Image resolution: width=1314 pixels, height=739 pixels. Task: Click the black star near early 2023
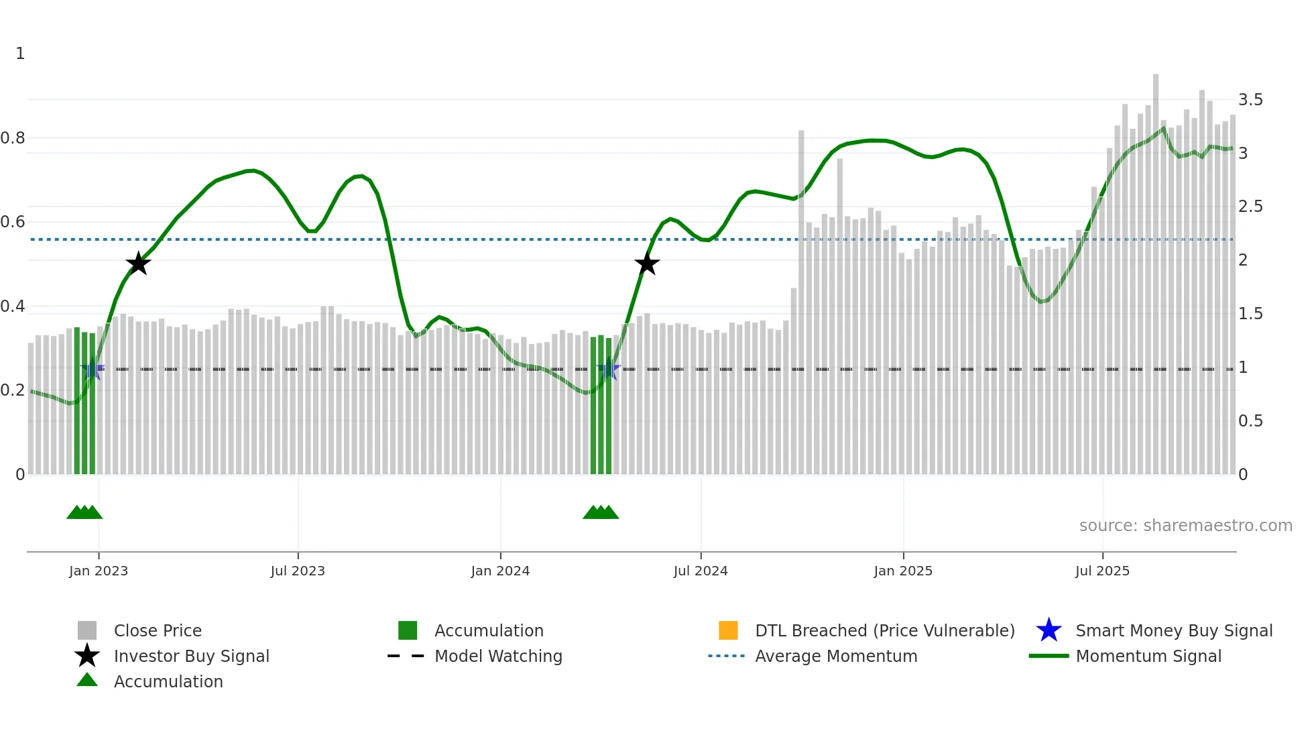138,264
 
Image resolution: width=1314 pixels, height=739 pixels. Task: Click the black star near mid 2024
647,264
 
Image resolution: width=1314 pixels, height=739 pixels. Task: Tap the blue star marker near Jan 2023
93,369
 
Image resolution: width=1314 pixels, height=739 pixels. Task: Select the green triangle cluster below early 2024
601,512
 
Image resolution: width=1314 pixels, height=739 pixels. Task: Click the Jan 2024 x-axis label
500,571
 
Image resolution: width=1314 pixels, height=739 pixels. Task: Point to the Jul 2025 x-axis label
1102,571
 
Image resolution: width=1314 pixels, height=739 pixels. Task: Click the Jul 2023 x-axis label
298,571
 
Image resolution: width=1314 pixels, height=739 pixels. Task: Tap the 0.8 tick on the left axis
13,138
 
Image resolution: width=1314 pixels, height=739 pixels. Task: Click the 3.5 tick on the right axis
1250,100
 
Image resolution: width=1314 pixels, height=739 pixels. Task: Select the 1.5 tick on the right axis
1250,314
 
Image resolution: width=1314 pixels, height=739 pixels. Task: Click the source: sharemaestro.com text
1185,525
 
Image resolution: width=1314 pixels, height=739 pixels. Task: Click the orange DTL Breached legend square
728,630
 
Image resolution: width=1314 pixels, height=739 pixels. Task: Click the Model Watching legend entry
498,656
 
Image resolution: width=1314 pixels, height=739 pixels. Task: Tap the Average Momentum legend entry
835,656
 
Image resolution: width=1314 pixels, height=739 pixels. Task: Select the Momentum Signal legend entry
1148,656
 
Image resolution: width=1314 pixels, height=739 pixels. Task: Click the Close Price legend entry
158,630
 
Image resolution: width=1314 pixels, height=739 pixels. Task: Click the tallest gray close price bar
1156,268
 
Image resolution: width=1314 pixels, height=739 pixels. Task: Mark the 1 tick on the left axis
20,54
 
